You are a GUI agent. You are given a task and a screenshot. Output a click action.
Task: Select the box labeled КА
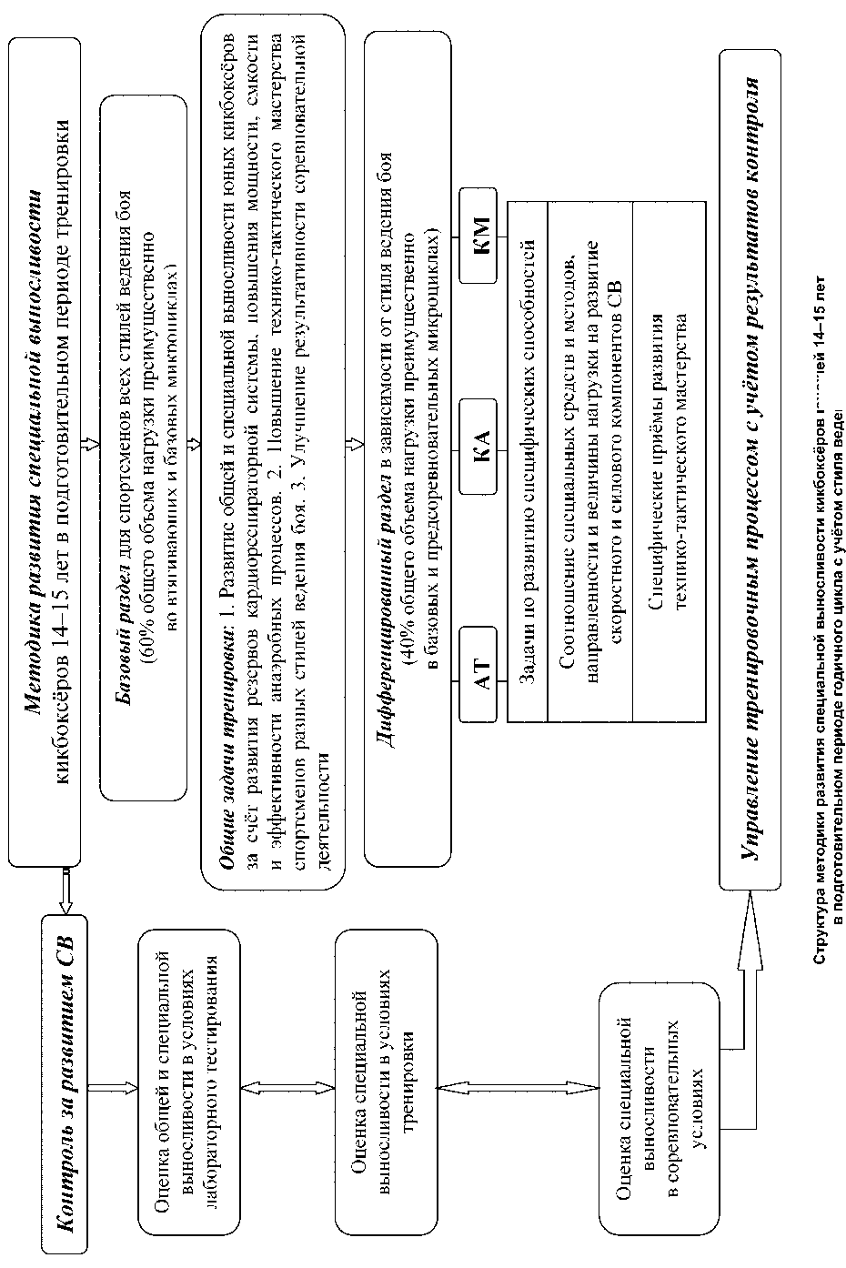coord(481,447)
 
